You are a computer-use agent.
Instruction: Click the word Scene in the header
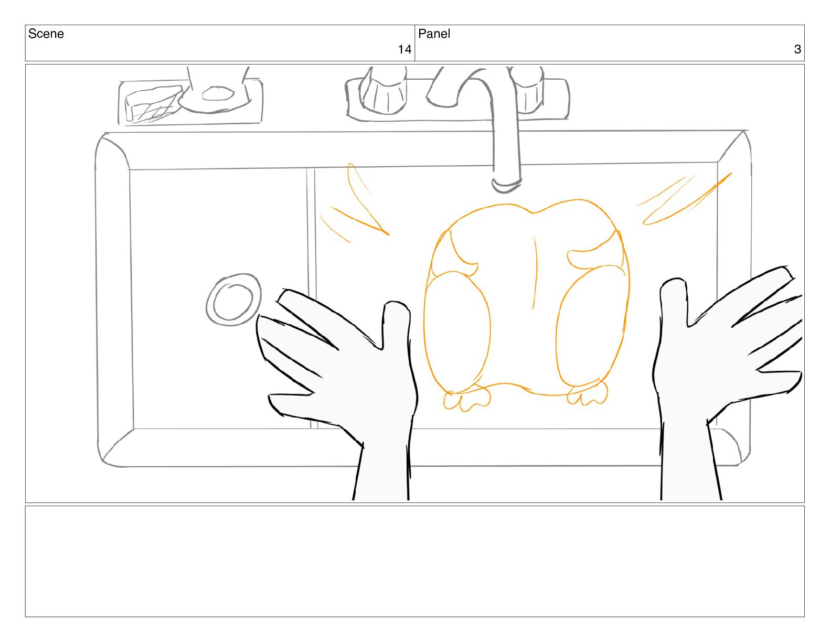click(x=46, y=34)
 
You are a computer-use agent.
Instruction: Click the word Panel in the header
click(x=434, y=34)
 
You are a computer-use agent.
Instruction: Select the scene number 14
click(x=404, y=49)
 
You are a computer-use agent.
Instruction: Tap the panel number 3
click(x=797, y=49)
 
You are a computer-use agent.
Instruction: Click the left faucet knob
click(x=382, y=92)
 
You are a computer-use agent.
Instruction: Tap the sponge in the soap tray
click(x=153, y=103)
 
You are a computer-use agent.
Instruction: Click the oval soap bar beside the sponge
click(x=218, y=93)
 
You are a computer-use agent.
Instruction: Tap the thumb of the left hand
click(x=396, y=325)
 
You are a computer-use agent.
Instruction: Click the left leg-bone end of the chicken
click(x=466, y=400)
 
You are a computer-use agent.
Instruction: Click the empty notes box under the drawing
click(x=415, y=561)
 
